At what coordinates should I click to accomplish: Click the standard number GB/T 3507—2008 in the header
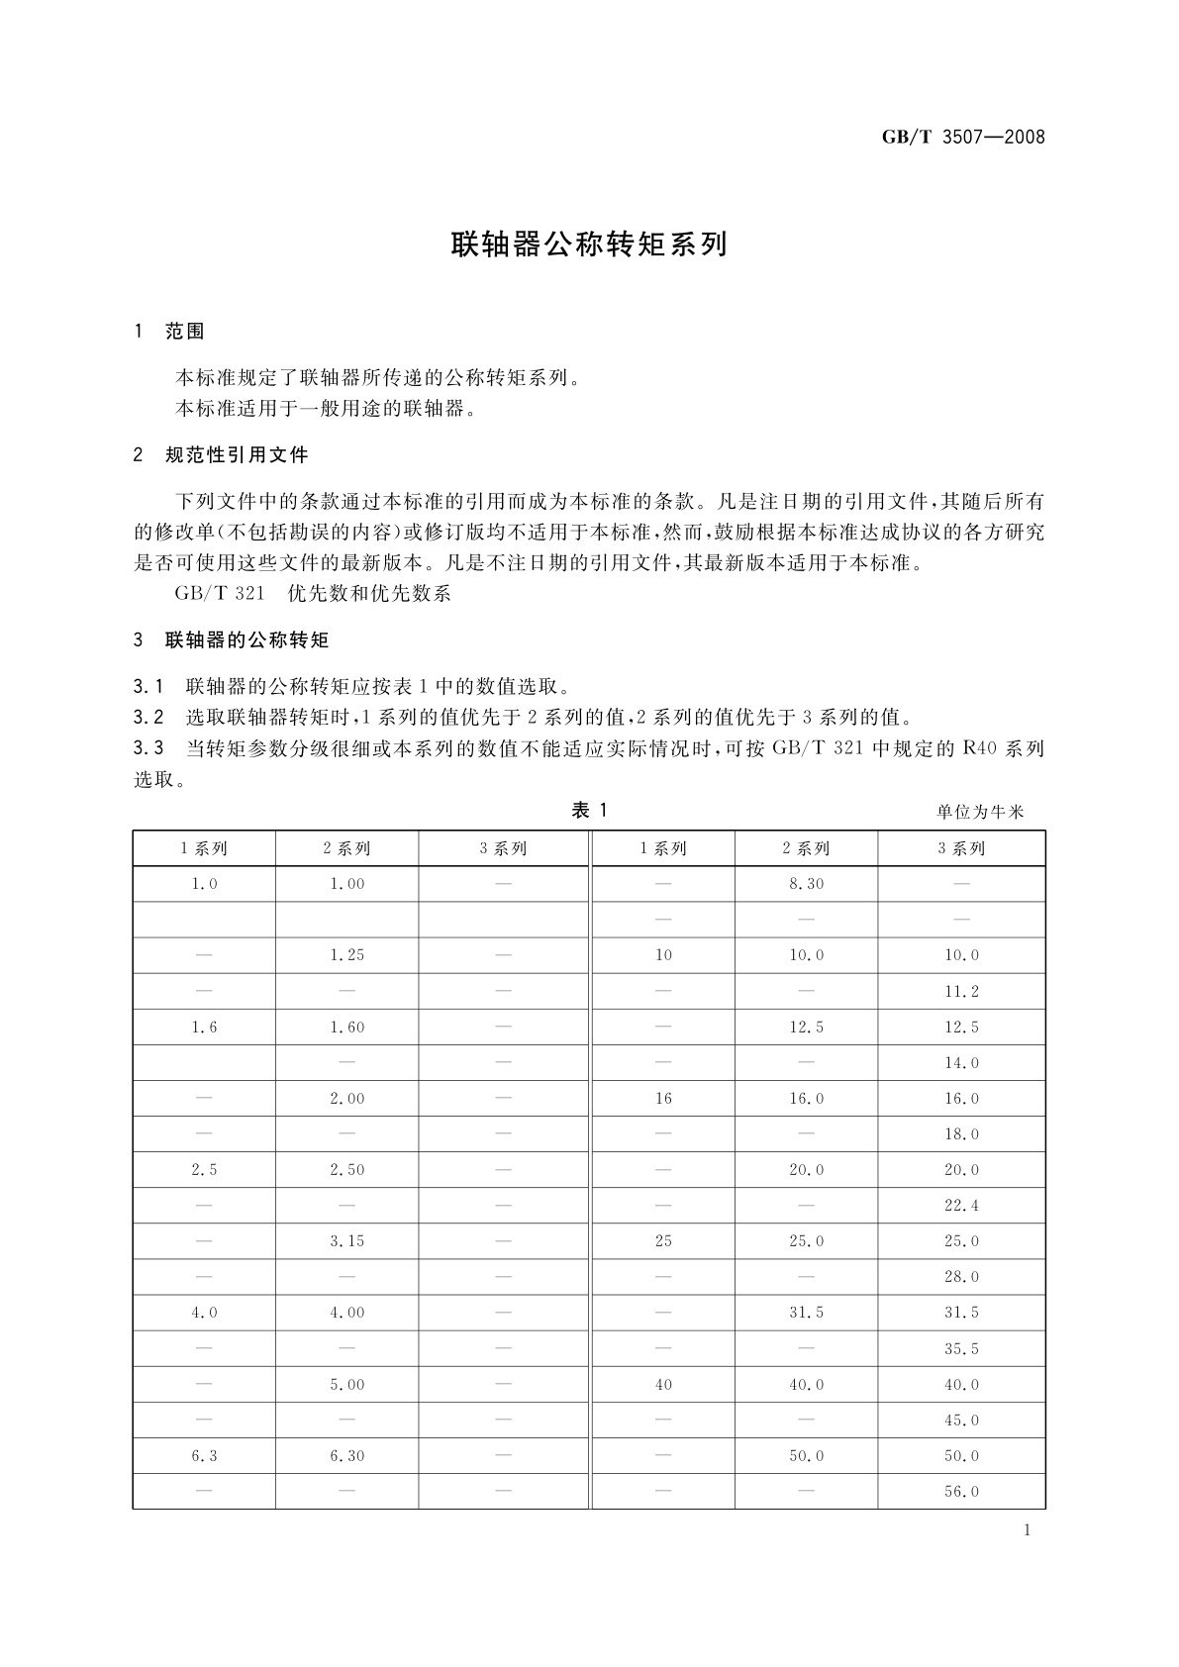click(x=962, y=137)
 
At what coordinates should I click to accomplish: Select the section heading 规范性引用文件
click(x=237, y=455)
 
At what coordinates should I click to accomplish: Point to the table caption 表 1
click(x=589, y=811)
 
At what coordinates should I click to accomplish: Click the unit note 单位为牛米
click(x=980, y=813)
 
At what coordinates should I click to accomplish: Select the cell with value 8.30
click(x=806, y=884)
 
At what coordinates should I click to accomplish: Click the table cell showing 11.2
click(x=961, y=992)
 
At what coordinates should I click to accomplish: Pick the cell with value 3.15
click(x=346, y=1241)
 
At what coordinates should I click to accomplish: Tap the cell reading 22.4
click(x=961, y=1206)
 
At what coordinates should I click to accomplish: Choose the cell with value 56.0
click(x=961, y=1492)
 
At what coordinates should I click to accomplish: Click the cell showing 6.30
click(x=346, y=1456)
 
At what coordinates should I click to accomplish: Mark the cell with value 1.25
click(x=346, y=955)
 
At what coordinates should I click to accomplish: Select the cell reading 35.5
click(x=961, y=1349)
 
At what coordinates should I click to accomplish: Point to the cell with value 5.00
click(x=346, y=1385)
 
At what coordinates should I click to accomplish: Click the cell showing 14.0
click(x=961, y=1063)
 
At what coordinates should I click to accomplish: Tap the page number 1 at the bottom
click(x=1027, y=1530)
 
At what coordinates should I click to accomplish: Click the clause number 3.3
click(x=147, y=748)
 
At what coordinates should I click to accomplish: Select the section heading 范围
click(x=185, y=332)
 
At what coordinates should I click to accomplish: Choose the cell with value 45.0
click(x=961, y=1421)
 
